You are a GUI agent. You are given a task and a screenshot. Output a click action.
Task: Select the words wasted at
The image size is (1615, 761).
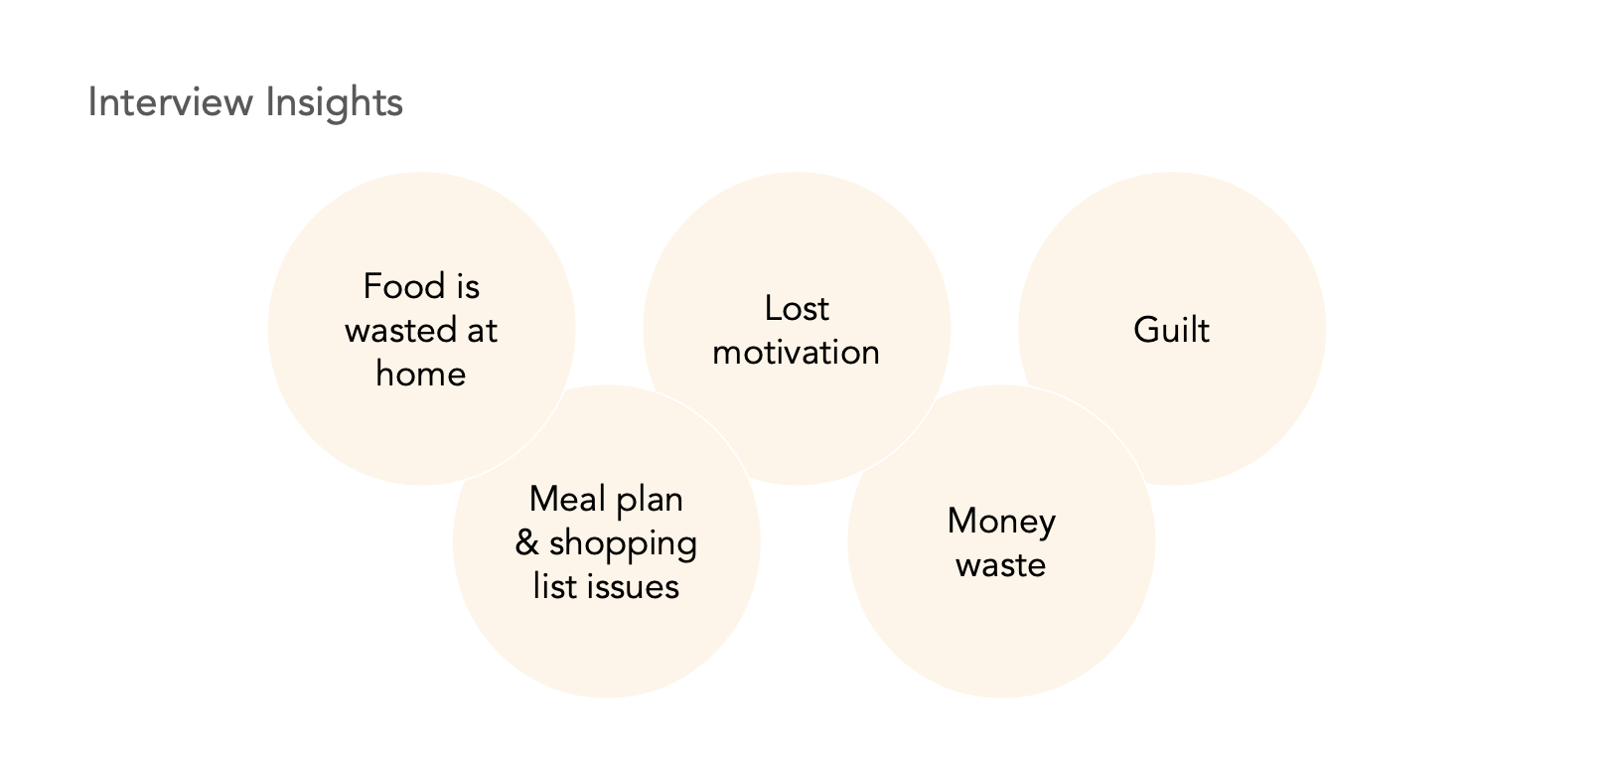pyautogui.click(x=421, y=331)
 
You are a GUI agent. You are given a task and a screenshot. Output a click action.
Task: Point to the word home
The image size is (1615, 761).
pyautogui.click(x=421, y=375)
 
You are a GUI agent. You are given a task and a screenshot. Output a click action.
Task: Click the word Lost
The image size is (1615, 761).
pyautogui.click(x=797, y=309)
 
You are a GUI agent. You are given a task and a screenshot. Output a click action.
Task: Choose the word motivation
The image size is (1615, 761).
pyautogui.click(x=797, y=353)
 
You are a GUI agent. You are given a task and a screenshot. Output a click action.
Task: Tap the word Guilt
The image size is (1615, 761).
pyautogui.click(x=1172, y=330)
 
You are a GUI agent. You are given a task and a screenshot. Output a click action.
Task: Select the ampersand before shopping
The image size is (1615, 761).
pyautogui.click(x=527, y=542)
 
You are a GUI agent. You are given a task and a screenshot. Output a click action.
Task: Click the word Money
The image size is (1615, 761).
pyautogui.click(x=1001, y=522)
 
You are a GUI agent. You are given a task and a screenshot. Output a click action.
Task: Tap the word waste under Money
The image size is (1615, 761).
pyautogui.click(x=1001, y=565)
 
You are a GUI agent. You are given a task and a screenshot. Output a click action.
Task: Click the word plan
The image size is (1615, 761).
pyautogui.click(x=650, y=499)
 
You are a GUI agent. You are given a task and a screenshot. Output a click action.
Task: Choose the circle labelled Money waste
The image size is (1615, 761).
pyautogui.click(x=1001, y=626)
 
